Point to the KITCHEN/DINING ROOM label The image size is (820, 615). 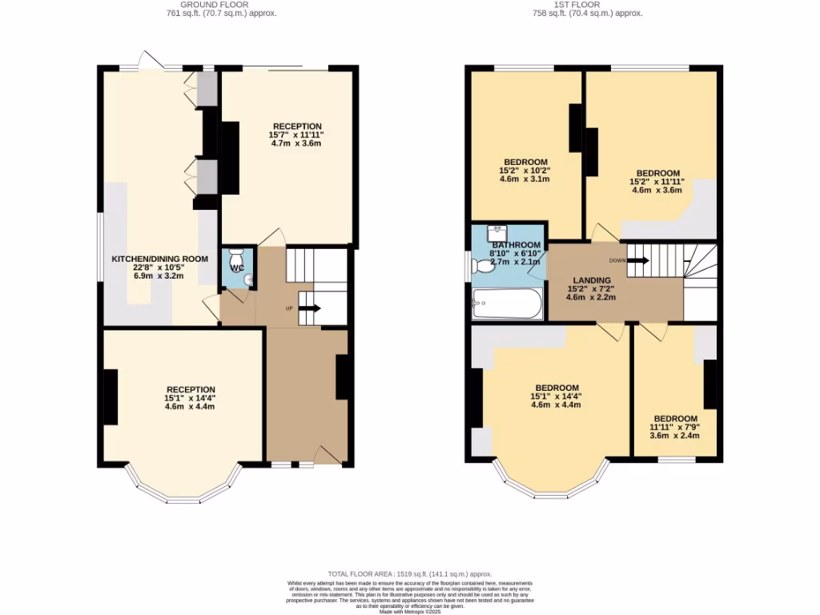159,259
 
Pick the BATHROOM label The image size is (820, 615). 517,245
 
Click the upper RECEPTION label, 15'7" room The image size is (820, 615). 297,127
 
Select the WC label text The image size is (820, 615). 237,269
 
